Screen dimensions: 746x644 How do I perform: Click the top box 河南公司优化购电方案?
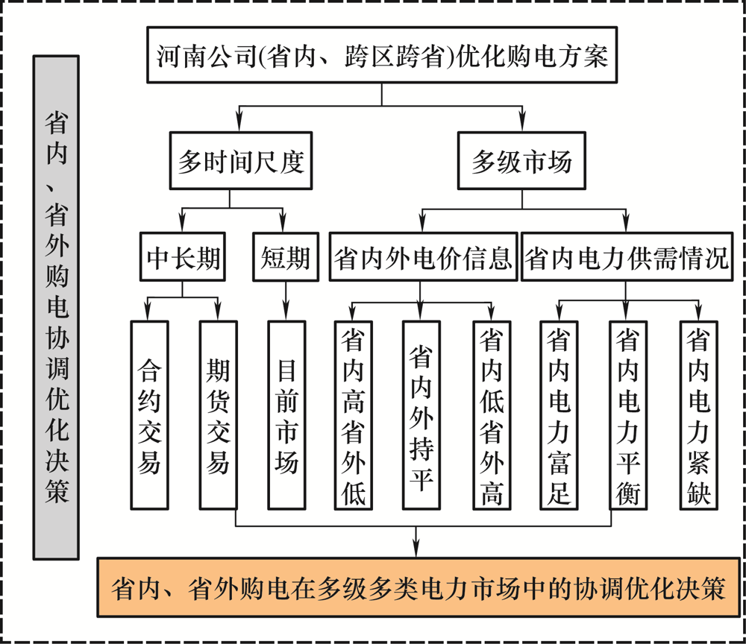pyautogui.click(x=381, y=55)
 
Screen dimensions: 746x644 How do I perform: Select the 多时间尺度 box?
pyautogui.click(x=241, y=161)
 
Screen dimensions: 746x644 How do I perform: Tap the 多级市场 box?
pyautogui.click(x=521, y=161)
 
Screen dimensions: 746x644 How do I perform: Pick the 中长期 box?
pyautogui.click(x=182, y=256)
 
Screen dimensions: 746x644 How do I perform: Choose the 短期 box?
pyautogui.click(x=286, y=256)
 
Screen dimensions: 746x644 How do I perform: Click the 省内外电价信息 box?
pyautogui.click(x=423, y=256)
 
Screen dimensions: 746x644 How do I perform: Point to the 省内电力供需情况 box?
pyautogui.click(x=627, y=256)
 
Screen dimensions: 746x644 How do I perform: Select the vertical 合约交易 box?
pyautogui.click(x=149, y=415)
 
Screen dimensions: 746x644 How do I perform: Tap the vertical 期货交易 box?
pyautogui.click(x=219, y=415)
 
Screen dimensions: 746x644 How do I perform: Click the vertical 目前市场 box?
pyautogui.click(x=286, y=415)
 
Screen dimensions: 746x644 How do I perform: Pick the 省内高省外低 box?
pyautogui.click(x=354, y=415)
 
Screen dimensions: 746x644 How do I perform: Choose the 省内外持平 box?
pyautogui.click(x=421, y=415)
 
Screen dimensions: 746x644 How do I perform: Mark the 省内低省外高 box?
pyautogui.click(x=492, y=415)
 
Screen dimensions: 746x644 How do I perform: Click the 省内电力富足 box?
pyautogui.click(x=559, y=415)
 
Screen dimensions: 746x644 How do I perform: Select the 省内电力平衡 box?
pyautogui.click(x=628, y=415)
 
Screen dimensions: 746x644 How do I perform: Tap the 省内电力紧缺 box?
pyautogui.click(x=698, y=415)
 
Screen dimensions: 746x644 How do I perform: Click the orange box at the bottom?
pyautogui.click(x=419, y=587)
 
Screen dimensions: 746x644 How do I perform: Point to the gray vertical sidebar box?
pyautogui.click(x=56, y=308)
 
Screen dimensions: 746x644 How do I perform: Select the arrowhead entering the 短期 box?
pyautogui.click(x=283, y=224)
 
